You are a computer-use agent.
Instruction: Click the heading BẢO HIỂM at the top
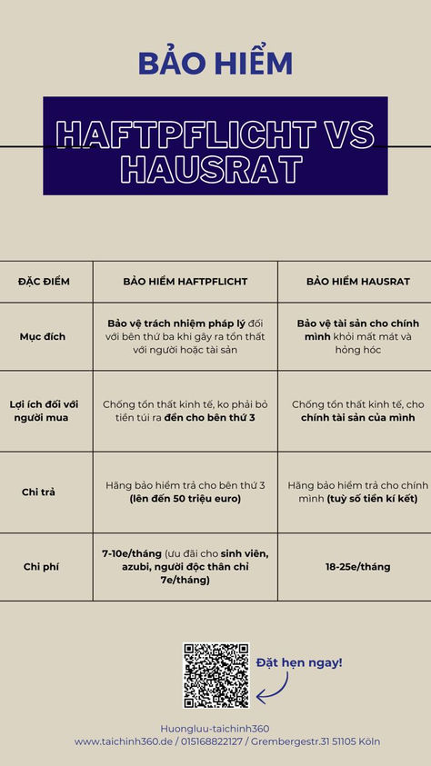click(x=215, y=64)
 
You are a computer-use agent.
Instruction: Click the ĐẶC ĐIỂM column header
click(x=44, y=282)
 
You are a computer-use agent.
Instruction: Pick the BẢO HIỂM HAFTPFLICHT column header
click(x=185, y=282)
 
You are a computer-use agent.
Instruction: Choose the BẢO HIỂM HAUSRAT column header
click(x=357, y=282)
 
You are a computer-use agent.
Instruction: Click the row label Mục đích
click(x=43, y=336)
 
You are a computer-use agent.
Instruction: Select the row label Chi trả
click(x=39, y=492)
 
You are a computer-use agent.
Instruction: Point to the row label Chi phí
click(x=42, y=567)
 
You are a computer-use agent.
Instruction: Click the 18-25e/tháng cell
click(x=357, y=567)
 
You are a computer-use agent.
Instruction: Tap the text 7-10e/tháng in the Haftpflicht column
click(x=132, y=553)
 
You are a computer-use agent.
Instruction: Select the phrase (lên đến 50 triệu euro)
click(x=185, y=499)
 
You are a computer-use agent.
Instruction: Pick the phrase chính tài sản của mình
click(x=357, y=418)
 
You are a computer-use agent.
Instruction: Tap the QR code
click(x=216, y=676)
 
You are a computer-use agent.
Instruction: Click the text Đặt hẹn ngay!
click(x=298, y=662)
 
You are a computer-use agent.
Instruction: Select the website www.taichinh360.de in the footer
click(x=125, y=741)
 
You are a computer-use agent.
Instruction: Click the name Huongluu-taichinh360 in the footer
click(x=215, y=729)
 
